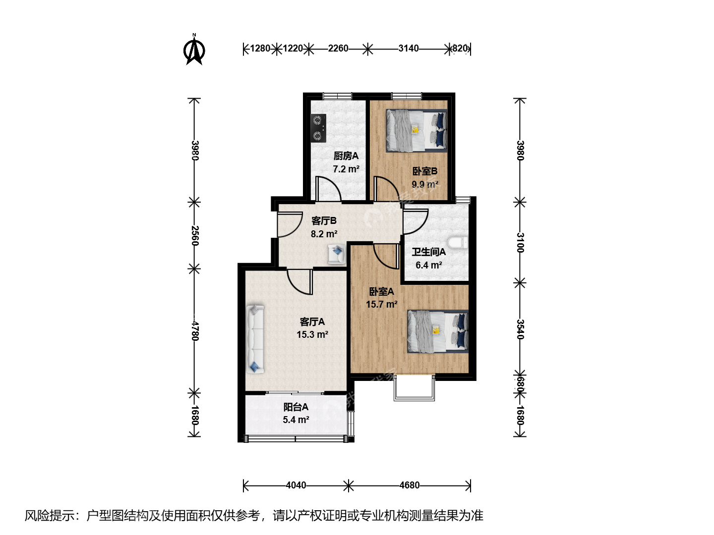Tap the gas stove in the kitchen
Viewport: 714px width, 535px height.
pyautogui.click(x=318, y=128)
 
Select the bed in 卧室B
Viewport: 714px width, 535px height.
pyautogui.click(x=416, y=131)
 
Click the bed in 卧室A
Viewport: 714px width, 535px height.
pyautogui.click(x=438, y=331)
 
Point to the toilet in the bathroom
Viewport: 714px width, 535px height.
pyautogui.click(x=458, y=243)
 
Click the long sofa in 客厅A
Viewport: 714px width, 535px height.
pyautogui.click(x=255, y=338)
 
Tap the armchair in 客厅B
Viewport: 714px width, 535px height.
pyautogui.click(x=337, y=254)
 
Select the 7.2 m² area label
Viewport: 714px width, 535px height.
pyautogui.click(x=346, y=169)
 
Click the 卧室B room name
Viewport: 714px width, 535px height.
pyautogui.click(x=425, y=171)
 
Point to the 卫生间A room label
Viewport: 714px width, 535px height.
pyautogui.click(x=429, y=252)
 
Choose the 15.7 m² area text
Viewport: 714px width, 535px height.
pyautogui.click(x=382, y=304)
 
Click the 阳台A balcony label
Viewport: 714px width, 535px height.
pyautogui.click(x=296, y=407)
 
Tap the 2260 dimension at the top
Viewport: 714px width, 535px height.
pyautogui.click(x=338, y=49)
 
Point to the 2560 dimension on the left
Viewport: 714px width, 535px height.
pyautogui.click(x=194, y=235)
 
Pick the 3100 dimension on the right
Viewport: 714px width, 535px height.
pyautogui.click(x=520, y=243)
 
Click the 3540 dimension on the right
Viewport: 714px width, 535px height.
pyautogui.click(x=520, y=329)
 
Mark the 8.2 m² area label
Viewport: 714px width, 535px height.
pyautogui.click(x=324, y=234)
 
